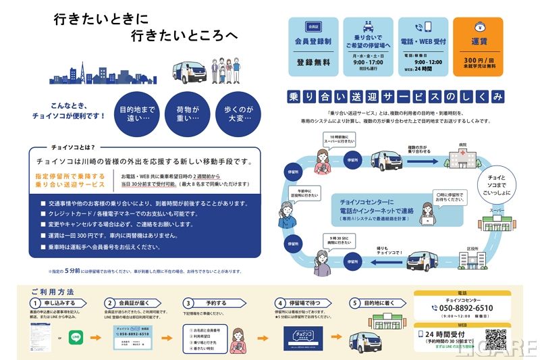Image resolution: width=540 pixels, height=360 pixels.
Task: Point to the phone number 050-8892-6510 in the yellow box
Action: [462, 308]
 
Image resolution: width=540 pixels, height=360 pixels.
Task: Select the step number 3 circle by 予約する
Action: [189, 303]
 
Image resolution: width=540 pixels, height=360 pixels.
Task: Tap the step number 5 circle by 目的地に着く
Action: [353, 303]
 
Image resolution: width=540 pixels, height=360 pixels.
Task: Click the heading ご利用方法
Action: [52, 291]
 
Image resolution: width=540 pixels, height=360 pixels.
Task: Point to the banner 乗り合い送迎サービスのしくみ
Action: [395, 96]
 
